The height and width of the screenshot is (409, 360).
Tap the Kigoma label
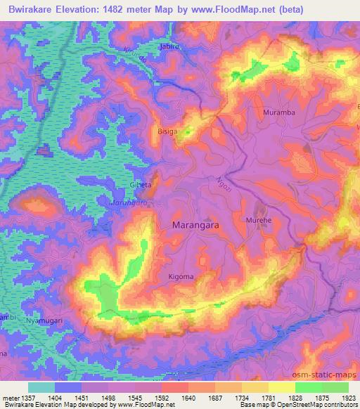[x=181, y=277]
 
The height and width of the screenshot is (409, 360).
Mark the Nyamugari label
[x=44, y=320]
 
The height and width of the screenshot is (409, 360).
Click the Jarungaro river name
[x=131, y=202]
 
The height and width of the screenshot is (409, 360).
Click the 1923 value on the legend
[x=349, y=397]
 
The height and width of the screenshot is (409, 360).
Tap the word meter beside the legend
[x=11, y=397]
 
